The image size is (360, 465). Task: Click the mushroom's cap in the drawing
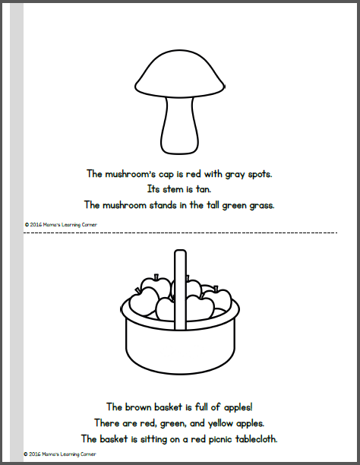(x=180, y=72)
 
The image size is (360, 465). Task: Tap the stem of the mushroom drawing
(x=179, y=125)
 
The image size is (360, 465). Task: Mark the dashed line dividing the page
(x=180, y=232)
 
